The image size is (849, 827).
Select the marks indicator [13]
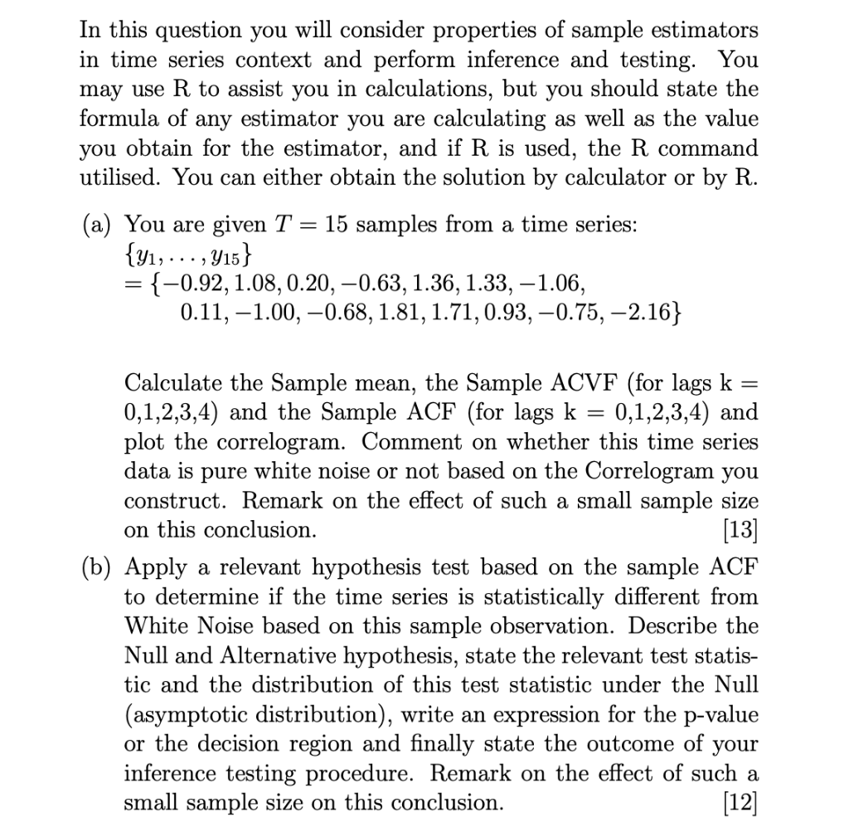740,529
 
